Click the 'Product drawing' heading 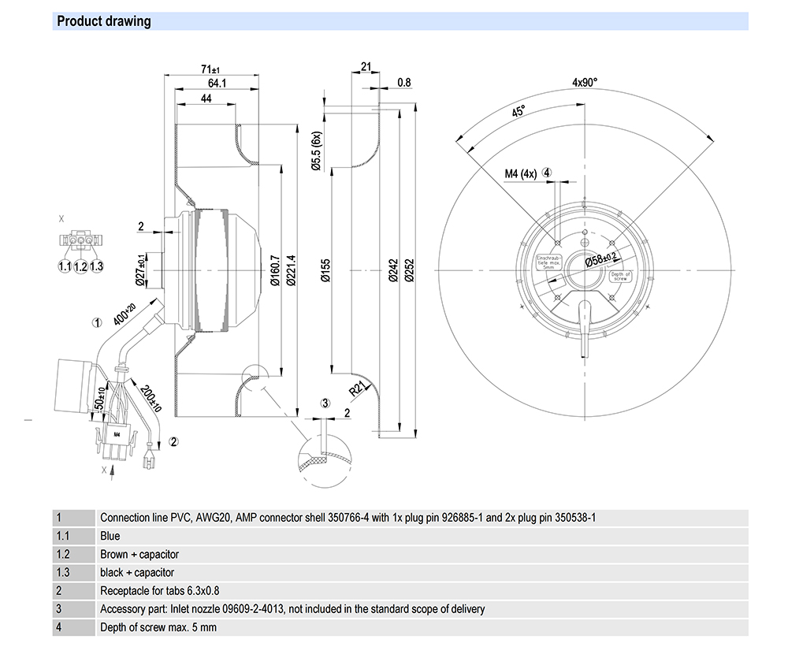click(x=104, y=21)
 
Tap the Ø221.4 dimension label click(x=291, y=269)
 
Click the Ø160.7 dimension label click(x=275, y=269)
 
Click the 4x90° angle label click(x=585, y=82)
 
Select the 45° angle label click(x=518, y=112)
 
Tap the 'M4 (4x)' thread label click(x=520, y=173)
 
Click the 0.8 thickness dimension click(x=404, y=82)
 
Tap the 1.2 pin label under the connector click(x=80, y=267)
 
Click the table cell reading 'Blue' click(x=110, y=536)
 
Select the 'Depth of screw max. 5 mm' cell click(x=158, y=627)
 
